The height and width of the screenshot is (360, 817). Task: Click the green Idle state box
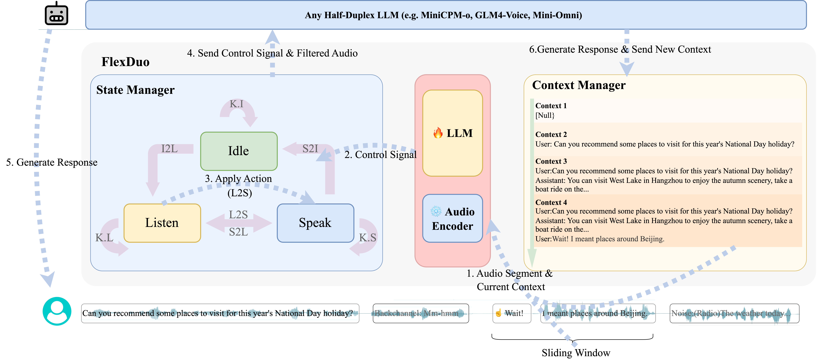click(239, 151)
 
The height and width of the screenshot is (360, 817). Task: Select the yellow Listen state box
click(162, 223)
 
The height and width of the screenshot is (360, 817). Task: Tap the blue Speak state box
click(315, 223)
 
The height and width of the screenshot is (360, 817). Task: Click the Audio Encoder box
click(453, 219)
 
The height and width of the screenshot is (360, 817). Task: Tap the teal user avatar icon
click(57, 311)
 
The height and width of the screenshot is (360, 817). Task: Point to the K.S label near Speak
click(368, 238)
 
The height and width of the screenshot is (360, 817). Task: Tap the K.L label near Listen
click(104, 238)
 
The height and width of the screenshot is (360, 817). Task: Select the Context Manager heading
click(579, 85)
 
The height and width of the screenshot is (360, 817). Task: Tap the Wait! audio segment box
click(512, 313)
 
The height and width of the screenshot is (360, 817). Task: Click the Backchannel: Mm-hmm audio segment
click(421, 313)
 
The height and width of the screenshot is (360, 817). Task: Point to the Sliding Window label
click(576, 353)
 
